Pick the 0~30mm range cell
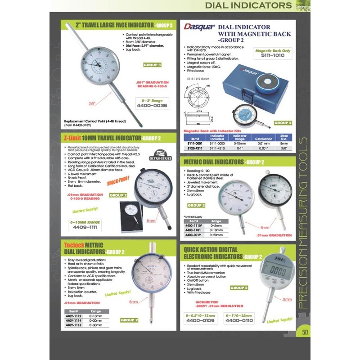pyautogui.click(x=96, y=325)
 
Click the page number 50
pyautogui.click(x=305, y=333)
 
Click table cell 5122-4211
pyautogui.click(x=193, y=147)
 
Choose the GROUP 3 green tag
pyautogui.click(x=154, y=65)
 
